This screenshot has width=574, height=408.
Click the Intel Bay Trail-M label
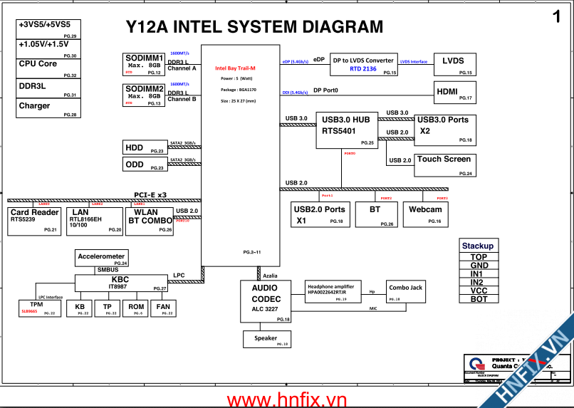[x=235, y=68]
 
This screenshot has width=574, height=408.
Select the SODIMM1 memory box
[x=145, y=63]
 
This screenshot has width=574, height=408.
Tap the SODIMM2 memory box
[x=145, y=95]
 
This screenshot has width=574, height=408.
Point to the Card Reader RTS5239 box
[x=34, y=221]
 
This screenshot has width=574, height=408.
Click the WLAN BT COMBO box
[x=150, y=221]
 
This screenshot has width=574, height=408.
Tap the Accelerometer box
[x=102, y=258]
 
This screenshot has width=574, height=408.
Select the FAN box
[x=162, y=308]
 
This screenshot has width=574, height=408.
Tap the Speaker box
[x=266, y=340]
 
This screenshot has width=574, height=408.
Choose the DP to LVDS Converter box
[x=363, y=64]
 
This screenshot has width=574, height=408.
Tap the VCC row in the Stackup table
[x=479, y=291]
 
